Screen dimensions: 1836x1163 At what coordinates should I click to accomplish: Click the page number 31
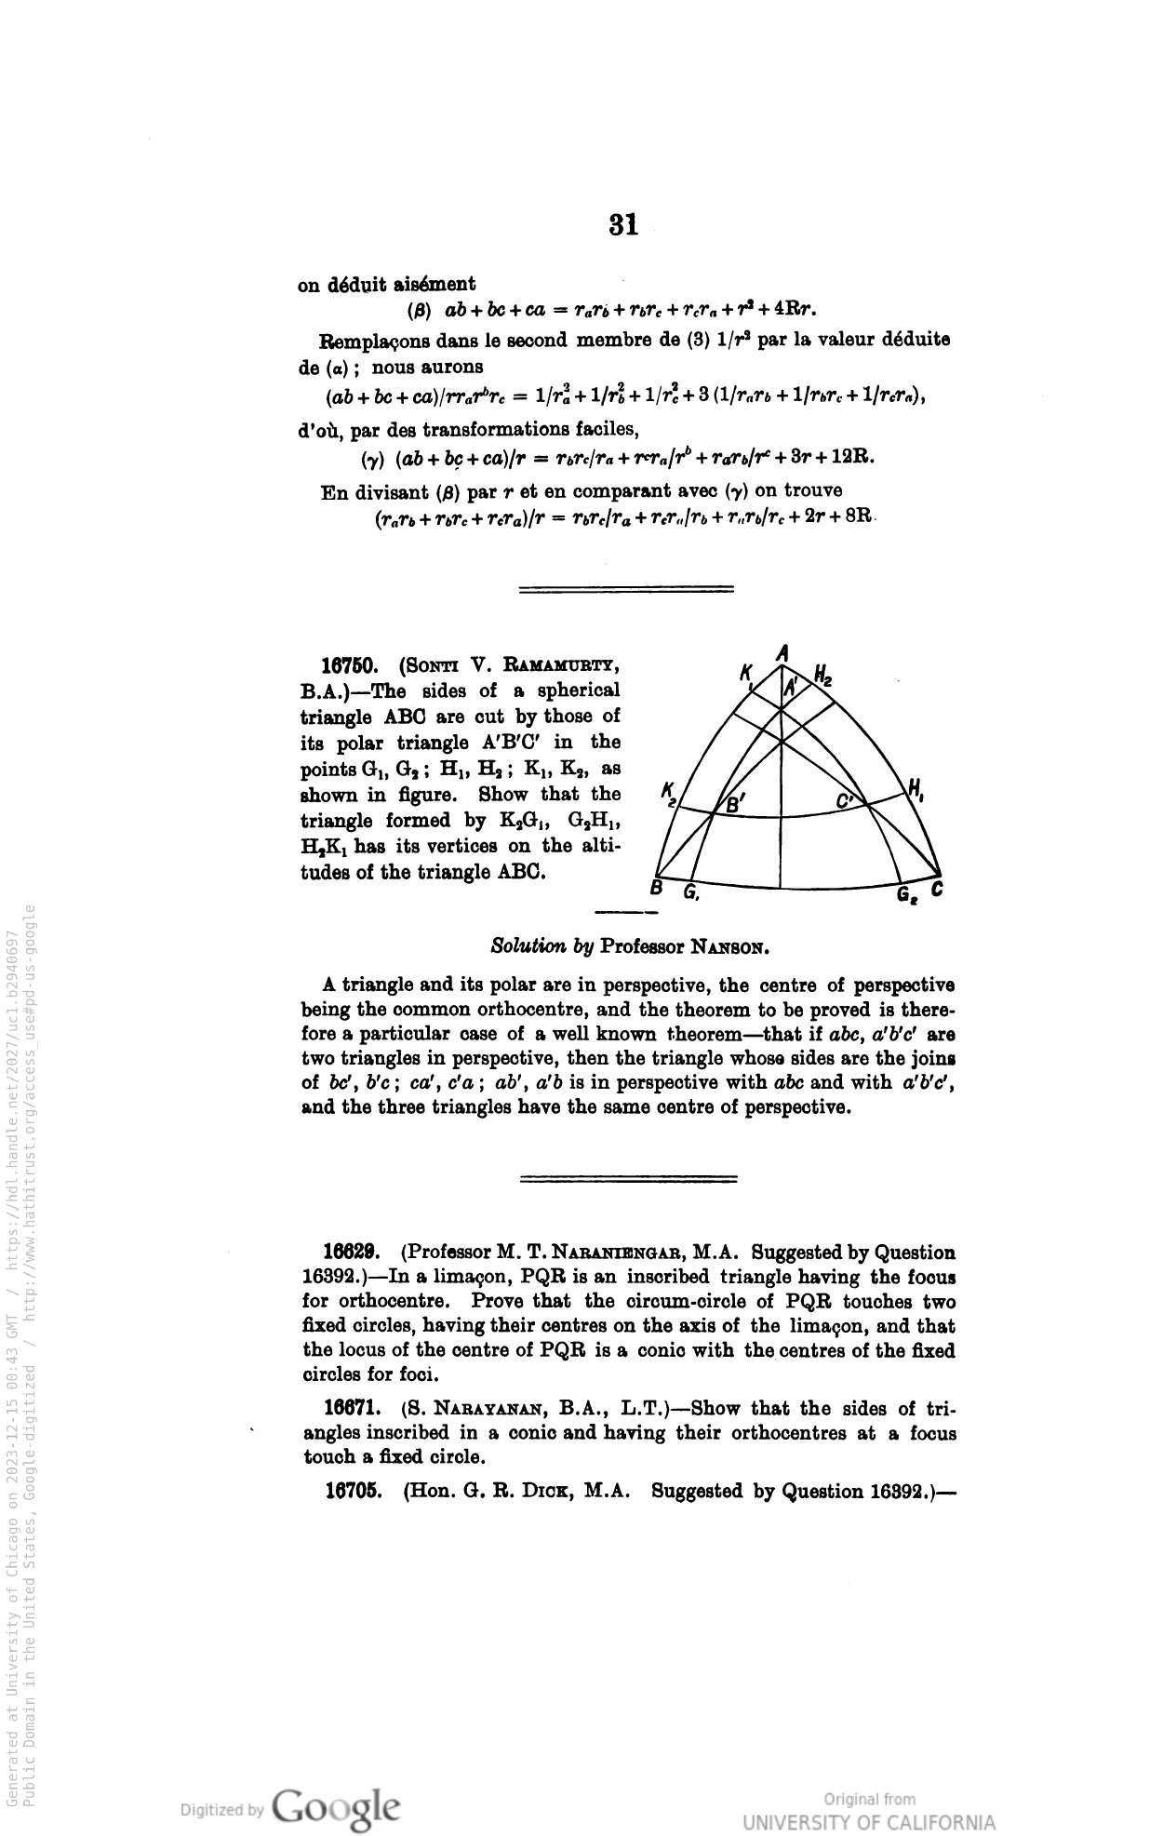(623, 224)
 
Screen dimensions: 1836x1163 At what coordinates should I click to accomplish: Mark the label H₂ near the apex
(822, 675)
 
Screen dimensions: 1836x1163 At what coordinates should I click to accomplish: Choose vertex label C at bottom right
(937, 891)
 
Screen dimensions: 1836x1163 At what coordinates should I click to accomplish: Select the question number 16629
(350, 1253)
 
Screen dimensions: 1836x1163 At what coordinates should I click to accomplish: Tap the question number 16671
(350, 1409)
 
